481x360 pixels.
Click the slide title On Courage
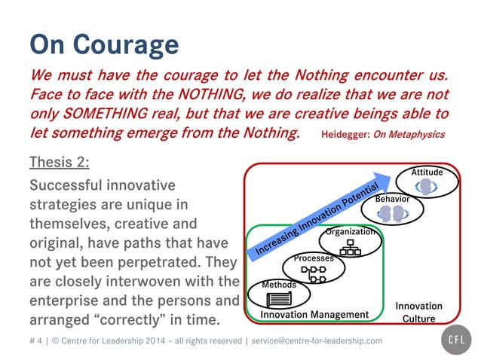(x=104, y=44)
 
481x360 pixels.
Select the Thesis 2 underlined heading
(x=60, y=162)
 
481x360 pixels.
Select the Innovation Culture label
(x=418, y=313)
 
